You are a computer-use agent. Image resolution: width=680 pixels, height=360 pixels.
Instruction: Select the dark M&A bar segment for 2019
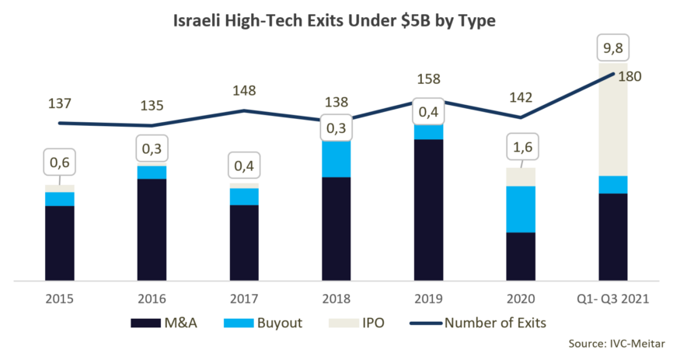427,210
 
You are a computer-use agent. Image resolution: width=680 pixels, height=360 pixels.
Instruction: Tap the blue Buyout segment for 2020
521,209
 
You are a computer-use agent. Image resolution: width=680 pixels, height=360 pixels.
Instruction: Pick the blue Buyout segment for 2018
336,159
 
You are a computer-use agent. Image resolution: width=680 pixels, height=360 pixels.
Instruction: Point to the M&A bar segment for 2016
152,229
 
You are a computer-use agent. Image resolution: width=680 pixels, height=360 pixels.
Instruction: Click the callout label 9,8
613,48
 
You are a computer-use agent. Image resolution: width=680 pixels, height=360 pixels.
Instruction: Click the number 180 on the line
632,76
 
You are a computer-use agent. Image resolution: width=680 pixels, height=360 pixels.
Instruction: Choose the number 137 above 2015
60,102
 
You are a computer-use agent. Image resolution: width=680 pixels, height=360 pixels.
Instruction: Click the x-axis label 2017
244,298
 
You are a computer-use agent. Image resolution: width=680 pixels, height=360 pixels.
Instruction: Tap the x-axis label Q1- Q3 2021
613,298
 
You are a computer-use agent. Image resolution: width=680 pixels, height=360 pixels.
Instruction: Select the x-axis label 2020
521,298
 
